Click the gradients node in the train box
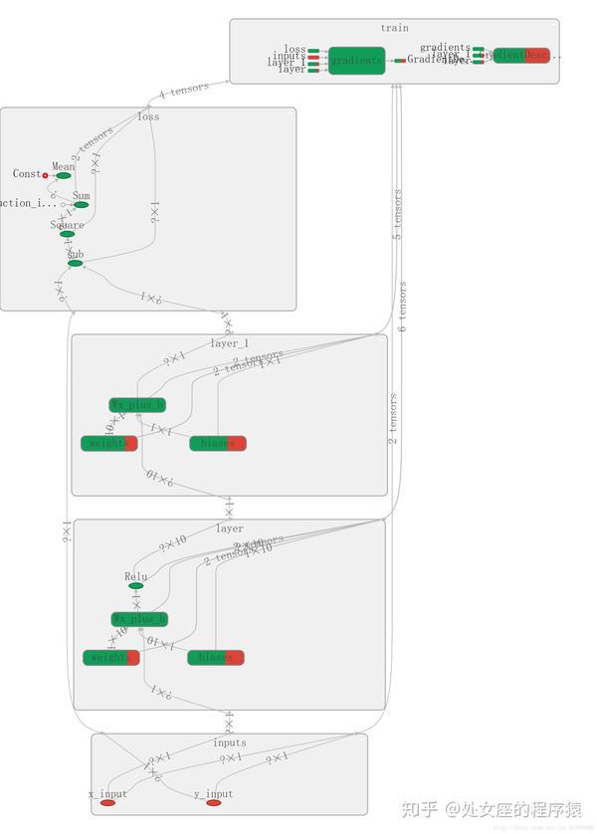356,61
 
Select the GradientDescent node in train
521,56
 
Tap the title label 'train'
394,28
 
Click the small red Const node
45,175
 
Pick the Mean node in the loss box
64,175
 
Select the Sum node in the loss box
81,205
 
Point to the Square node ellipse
67,234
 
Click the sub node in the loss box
75,263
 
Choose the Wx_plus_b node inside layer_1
137,405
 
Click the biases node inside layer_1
217,443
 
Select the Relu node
135,585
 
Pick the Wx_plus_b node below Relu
139,619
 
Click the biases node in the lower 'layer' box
215,657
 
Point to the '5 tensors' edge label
397,215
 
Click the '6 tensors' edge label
403,307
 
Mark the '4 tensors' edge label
184,92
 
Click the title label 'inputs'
229,742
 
